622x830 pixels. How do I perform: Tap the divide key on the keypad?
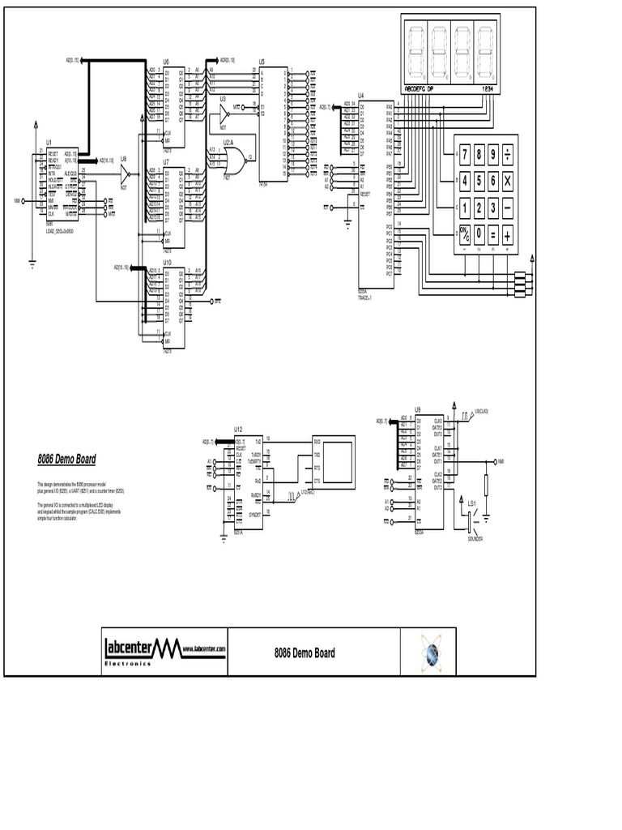508,154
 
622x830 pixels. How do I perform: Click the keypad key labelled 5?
479,181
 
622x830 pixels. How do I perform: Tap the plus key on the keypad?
508,234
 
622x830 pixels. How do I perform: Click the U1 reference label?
49,141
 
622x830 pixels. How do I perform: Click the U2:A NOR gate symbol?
240,157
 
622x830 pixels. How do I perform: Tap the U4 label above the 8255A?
361,95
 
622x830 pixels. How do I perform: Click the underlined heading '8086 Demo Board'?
66,459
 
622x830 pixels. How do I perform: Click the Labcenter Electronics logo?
164,649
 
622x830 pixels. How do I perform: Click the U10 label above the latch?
167,263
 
